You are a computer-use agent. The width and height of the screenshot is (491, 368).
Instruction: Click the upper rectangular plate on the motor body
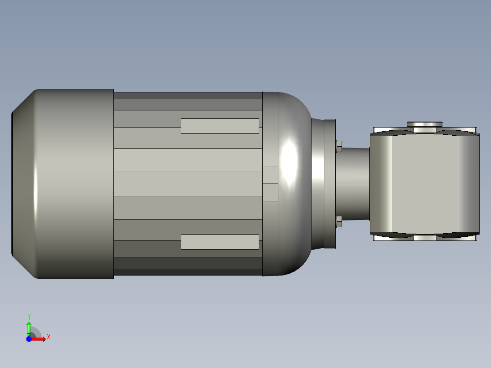coord(220,126)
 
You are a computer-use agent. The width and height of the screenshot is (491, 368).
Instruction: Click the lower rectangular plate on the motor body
coord(220,242)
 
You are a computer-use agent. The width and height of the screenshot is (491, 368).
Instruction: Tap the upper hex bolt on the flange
coord(338,146)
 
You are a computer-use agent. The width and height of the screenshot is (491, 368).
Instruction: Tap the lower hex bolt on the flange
coord(338,222)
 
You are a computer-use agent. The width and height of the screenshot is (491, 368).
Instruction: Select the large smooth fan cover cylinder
coord(75,184)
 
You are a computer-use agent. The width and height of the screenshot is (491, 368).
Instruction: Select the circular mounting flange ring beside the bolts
coord(329,184)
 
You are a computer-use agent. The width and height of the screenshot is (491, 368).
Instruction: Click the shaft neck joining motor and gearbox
coord(353,184)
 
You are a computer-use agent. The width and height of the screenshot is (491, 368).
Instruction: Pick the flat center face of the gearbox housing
coord(425,184)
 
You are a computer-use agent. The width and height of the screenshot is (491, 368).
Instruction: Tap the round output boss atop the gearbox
coord(425,124)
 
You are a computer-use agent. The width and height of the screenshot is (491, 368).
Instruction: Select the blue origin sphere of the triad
coord(29,339)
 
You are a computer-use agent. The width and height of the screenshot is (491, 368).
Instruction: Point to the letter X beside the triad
coord(48,337)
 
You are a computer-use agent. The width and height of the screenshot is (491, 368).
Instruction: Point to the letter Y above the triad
coord(29,317)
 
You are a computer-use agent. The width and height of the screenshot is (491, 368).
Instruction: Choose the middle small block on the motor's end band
coord(271,184)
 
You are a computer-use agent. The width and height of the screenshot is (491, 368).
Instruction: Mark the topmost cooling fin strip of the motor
coord(188,96)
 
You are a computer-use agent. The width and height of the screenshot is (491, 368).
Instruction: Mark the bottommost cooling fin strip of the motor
coord(188,272)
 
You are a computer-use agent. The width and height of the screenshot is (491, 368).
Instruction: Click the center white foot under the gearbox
coord(425,238)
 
